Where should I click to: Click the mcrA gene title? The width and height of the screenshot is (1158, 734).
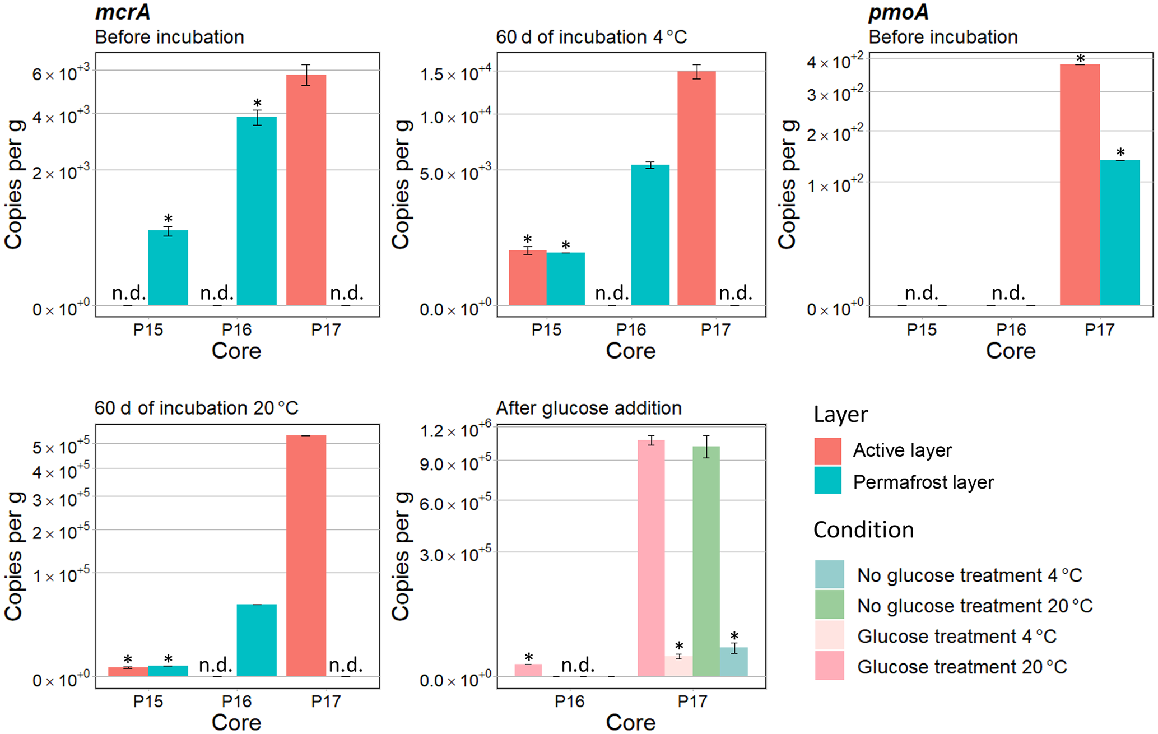tap(123, 12)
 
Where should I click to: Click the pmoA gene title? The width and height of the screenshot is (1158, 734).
tap(899, 12)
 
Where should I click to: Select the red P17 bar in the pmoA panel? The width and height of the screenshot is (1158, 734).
tap(1080, 185)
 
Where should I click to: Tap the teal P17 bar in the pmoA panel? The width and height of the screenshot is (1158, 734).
tap(1120, 233)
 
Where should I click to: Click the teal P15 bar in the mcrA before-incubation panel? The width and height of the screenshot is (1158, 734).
tap(168, 268)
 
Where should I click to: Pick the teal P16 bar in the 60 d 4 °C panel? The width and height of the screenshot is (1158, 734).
tap(650, 235)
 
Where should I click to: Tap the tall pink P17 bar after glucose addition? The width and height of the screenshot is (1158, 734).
tap(651, 558)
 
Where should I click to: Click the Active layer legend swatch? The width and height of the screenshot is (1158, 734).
tap(827, 451)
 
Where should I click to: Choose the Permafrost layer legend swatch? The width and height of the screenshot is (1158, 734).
tap(827, 481)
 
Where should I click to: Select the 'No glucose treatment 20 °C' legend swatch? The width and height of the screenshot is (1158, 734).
tap(829, 605)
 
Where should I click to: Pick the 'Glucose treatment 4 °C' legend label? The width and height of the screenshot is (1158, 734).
tap(956, 637)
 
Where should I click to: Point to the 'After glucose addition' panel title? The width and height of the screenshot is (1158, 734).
tap(588, 408)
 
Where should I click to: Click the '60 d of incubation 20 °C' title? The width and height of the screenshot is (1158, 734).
tap(196, 408)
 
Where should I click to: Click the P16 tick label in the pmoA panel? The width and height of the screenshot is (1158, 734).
tap(1011, 329)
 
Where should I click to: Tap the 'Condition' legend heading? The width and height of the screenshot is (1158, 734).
tap(863, 530)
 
